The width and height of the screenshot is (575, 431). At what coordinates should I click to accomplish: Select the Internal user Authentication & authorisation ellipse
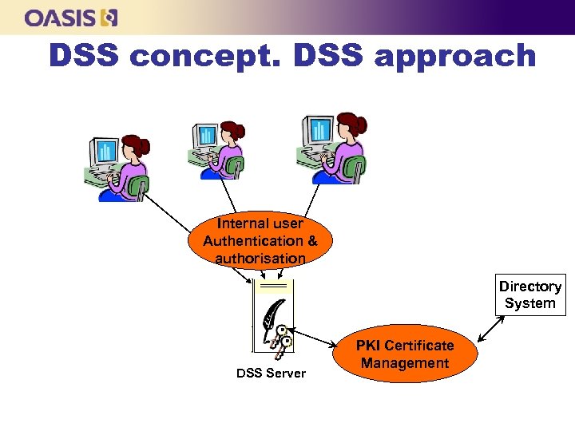[260, 240]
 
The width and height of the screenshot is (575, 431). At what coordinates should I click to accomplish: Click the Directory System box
[530, 295]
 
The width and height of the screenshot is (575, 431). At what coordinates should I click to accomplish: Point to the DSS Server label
[271, 374]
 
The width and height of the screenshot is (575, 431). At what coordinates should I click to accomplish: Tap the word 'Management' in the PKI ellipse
[405, 364]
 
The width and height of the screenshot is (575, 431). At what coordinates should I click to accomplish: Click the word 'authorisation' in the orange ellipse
[260, 259]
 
